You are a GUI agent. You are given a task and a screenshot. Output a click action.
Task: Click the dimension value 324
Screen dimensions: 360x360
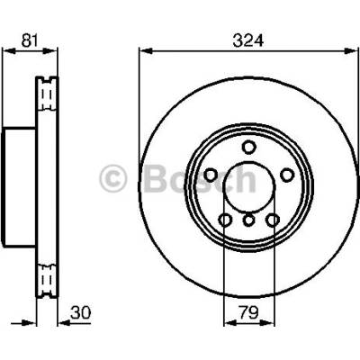248,40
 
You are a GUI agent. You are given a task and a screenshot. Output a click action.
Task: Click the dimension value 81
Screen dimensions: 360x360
30,40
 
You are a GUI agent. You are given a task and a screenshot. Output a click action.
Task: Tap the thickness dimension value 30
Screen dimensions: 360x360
80,313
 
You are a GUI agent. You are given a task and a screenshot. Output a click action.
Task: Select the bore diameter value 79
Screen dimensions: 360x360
248,313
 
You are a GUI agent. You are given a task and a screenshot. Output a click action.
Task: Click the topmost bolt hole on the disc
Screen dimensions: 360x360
248,148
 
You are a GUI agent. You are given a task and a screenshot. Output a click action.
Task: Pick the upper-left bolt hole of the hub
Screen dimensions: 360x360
211,175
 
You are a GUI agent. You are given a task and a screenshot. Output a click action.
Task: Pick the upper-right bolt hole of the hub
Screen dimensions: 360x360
287,175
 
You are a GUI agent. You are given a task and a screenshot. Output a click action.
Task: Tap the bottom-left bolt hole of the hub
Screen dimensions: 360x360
225,220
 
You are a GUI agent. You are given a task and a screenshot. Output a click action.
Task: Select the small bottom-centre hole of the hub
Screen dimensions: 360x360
248,220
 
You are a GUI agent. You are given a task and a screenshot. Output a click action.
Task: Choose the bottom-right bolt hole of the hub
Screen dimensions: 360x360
272,220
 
